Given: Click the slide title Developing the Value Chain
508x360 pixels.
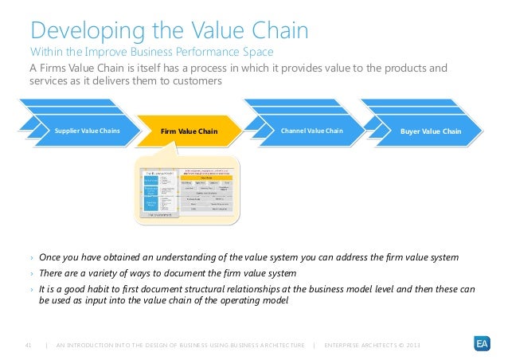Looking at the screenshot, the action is [169, 33].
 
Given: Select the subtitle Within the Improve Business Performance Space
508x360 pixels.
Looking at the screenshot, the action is [152, 53].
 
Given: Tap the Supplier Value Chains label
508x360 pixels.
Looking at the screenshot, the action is [87, 131].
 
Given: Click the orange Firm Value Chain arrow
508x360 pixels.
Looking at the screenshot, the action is [189, 131].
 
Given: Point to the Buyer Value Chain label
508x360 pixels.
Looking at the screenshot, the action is [431, 131].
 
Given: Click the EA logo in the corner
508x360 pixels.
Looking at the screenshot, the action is [482, 344].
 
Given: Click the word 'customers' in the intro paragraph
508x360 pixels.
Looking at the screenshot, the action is [192, 82].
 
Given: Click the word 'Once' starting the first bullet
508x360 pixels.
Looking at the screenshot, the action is [52, 259].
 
